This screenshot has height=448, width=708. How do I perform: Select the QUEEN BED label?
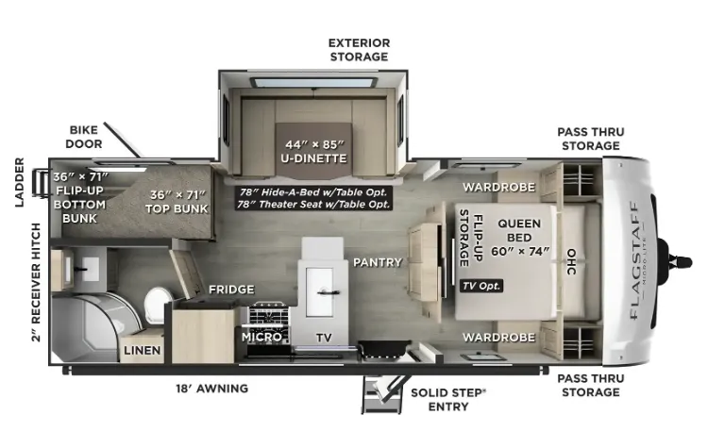tap(520, 238)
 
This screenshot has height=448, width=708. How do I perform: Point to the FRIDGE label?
tap(231, 290)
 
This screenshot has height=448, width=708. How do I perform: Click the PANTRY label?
tap(378, 262)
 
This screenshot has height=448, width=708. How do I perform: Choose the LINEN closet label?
tap(143, 350)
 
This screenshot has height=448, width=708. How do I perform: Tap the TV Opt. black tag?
tap(481, 286)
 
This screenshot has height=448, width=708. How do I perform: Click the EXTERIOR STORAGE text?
tap(359, 50)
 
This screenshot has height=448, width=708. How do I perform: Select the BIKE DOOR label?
tap(84, 137)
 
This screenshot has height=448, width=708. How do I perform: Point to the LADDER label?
tap(19, 182)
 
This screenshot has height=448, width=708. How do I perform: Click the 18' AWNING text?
tap(211, 388)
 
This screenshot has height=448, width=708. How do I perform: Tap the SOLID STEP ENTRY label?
tap(447, 400)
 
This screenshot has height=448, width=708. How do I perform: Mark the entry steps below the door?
tap(382, 396)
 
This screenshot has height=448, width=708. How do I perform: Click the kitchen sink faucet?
tap(329, 292)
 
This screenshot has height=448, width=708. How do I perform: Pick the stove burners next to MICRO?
tap(268, 312)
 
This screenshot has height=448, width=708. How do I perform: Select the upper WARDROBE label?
tap(498, 187)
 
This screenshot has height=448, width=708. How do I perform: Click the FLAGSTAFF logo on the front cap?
tap(634, 260)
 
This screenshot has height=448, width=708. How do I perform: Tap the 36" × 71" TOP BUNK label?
tap(177, 202)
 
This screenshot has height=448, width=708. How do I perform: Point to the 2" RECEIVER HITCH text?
tap(36, 282)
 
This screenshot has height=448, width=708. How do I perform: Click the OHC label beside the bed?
tap(571, 261)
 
